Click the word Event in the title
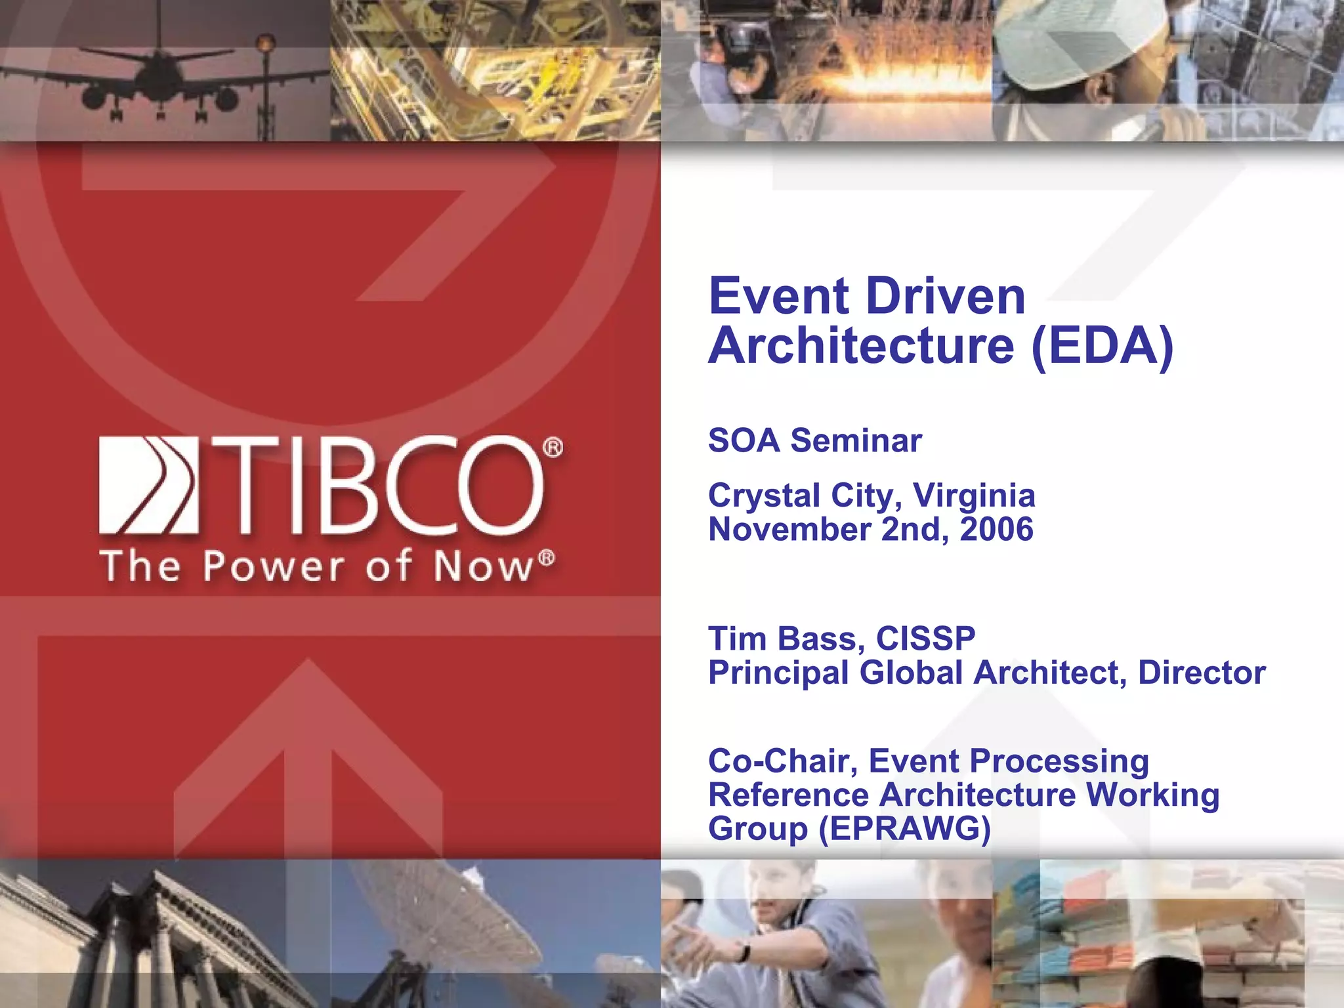[778, 297]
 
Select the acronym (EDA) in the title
[1102, 346]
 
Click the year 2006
[996, 530]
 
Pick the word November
[789, 530]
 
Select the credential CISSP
[925, 639]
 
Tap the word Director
[1201, 673]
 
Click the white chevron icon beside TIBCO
[148, 484]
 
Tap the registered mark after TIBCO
[553, 448]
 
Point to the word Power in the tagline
[273, 566]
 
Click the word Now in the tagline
[482, 566]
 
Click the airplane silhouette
[161, 82]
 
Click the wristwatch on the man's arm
[743, 952]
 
